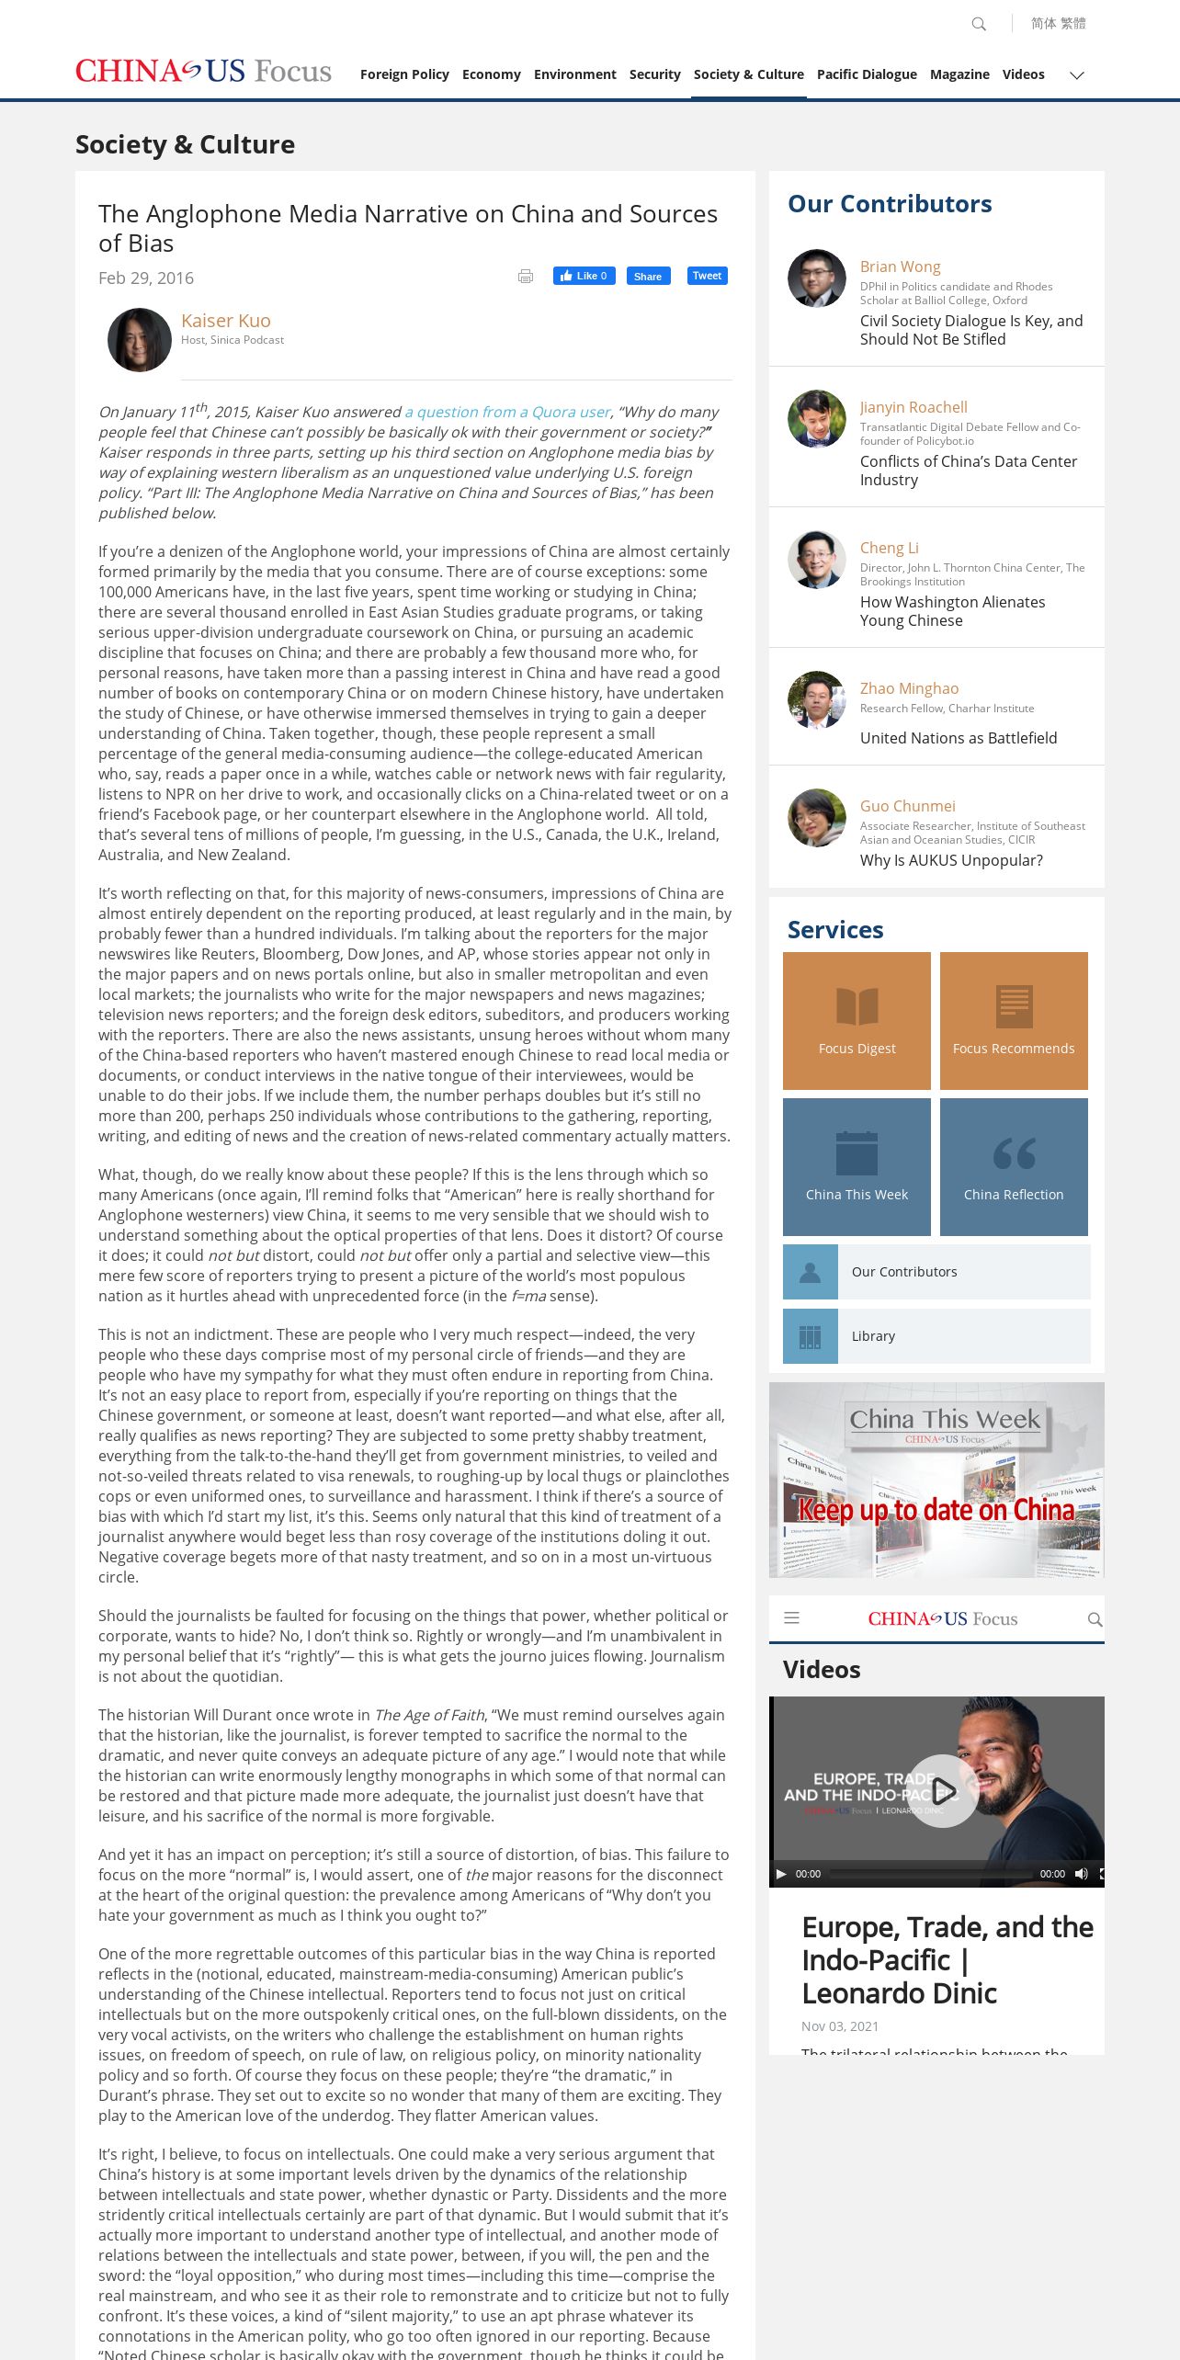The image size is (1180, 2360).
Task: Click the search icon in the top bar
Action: click(979, 24)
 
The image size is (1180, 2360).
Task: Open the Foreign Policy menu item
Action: click(404, 74)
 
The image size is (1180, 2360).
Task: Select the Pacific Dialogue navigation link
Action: click(867, 74)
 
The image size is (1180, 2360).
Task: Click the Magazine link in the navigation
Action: click(959, 74)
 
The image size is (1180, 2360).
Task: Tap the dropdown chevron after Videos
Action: click(1077, 75)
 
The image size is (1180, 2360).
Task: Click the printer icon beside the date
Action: click(526, 277)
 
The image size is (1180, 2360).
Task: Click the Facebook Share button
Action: click(648, 277)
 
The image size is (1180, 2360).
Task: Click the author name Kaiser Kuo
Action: click(226, 321)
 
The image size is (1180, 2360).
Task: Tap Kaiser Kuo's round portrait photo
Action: click(140, 340)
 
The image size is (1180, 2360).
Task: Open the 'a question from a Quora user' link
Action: click(507, 413)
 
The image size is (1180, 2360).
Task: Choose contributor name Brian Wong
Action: click(900, 267)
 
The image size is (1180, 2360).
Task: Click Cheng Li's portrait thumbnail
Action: click(817, 560)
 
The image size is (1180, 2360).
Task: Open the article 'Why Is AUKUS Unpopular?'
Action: click(951, 860)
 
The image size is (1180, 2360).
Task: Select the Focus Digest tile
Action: click(857, 1021)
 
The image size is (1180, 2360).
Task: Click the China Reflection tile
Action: click(1014, 1167)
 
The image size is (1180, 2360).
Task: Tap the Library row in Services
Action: click(936, 1336)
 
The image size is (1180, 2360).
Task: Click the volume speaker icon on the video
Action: click(1081, 1874)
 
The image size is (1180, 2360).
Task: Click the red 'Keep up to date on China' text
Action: click(936, 1510)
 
